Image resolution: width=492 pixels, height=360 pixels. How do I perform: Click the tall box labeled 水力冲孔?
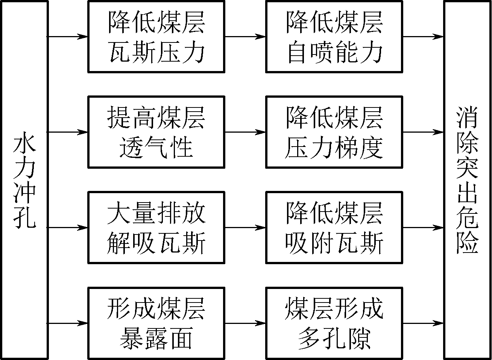coord(24,180)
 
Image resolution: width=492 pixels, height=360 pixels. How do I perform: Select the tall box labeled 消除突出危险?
coord(468,180)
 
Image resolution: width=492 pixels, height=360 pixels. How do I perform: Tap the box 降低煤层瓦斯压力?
coord(156,36)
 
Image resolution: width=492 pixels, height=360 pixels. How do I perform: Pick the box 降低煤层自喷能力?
coord(334,36)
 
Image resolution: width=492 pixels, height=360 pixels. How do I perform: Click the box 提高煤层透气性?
coord(156,132)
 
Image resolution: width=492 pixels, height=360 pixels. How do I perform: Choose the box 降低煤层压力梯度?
coord(334,132)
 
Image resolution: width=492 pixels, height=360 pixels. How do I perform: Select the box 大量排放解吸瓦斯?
coord(156,227)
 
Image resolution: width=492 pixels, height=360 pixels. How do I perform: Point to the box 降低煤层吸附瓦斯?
coord(334,227)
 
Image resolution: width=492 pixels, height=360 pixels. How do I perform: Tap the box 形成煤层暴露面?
coord(156,323)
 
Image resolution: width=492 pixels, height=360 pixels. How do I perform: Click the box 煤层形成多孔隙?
coord(334,323)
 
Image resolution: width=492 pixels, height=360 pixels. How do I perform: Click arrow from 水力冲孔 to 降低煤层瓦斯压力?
coord(68,36)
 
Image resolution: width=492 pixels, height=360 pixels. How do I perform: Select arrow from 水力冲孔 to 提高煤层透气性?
coord(68,132)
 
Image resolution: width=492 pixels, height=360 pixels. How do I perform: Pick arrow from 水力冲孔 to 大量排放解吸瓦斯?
coord(68,227)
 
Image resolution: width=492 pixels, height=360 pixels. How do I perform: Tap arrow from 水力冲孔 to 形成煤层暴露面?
coord(68,323)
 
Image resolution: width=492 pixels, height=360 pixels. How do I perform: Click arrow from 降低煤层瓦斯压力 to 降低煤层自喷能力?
coord(245,36)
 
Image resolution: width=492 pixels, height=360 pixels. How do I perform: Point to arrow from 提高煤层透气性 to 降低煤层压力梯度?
coord(245,132)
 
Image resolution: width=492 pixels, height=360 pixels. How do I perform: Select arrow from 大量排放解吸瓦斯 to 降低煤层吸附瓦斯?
coord(245,227)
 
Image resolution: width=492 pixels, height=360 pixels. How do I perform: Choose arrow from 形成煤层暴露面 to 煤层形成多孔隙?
coord(245,323)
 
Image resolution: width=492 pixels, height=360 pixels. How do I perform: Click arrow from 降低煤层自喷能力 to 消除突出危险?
coord(423,36)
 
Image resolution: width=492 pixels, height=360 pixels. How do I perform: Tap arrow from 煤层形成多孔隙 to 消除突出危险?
coord(423,323)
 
